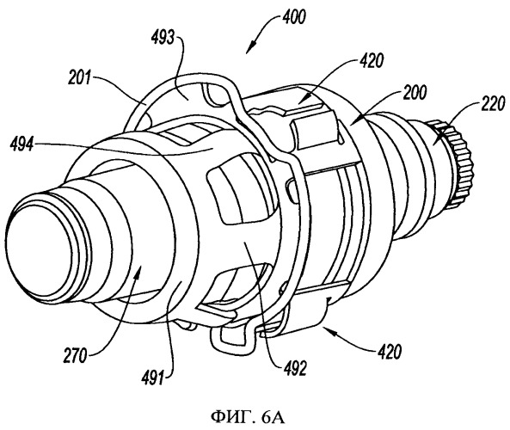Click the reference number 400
click(x=294, y=17)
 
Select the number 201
click(x=79, y=78)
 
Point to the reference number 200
click(x=414, y=93)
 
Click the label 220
click(x=493, y=103)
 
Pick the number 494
click(x=22, y=144)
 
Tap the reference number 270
click(x=76, y=355)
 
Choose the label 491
click(x=152, y=379)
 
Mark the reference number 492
click(x=295, y=369)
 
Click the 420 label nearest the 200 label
click(x=372, y=60)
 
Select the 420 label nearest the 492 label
click(x=390, y=351)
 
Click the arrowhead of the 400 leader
click(x=249, y=49)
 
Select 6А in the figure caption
click(x=273, y=417)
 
